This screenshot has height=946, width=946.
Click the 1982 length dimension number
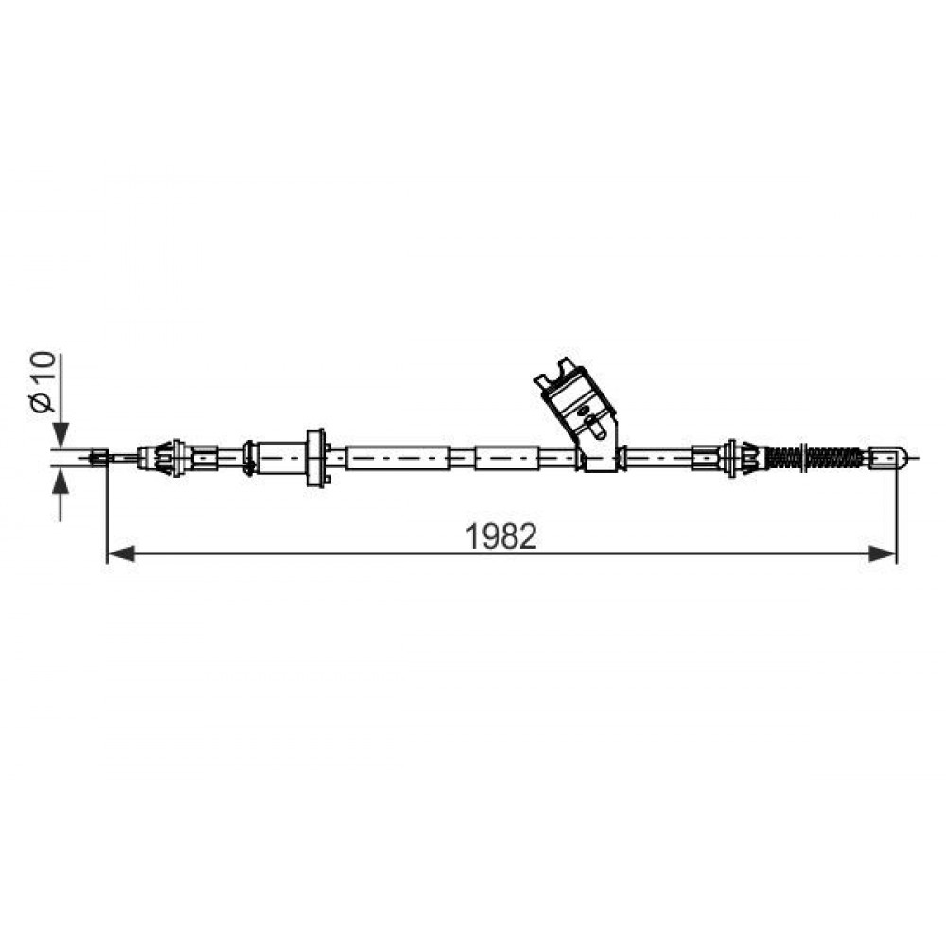coord(501,535)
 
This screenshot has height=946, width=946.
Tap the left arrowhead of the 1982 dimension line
coord(121,552)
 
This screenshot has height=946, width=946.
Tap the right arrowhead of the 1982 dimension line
coord(882,552)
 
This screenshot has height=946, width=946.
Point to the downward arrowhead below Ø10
coord(61,434)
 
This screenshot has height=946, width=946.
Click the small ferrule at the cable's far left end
coord(98,457)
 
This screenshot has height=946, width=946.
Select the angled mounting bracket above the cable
coord(578,413)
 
